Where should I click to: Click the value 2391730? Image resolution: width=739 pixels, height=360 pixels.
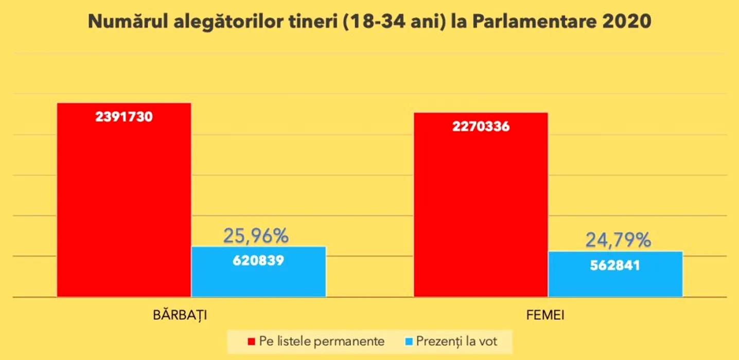(124, 117)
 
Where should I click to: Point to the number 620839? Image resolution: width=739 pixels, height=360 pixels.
(258, 260)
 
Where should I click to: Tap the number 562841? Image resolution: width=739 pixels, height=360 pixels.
(615, 265)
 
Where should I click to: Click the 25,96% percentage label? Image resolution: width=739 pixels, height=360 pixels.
(256, 236)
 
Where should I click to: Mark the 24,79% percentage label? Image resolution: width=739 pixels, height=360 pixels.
(618, 240)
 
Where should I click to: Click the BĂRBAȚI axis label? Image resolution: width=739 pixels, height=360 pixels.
(180, 315)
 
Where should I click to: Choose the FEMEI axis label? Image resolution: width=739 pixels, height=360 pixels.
(546, 315)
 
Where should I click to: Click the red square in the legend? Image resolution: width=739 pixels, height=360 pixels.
(252, 341)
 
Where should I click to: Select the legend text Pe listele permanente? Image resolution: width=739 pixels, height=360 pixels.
(322, 341)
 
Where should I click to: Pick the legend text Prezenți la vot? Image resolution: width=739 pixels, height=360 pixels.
(457, 341)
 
